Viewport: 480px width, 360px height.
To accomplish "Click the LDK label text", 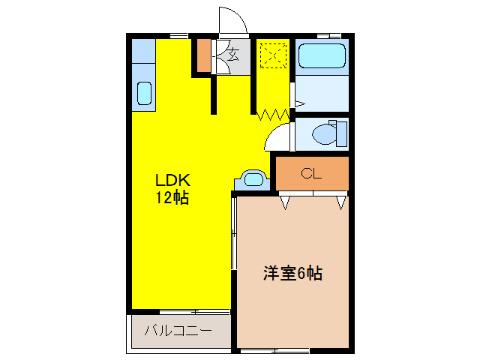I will click(x=173, y=181).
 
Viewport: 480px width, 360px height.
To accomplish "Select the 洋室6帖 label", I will click(x=292, y=273).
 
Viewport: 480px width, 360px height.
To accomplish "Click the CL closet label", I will click(x=311, y=174).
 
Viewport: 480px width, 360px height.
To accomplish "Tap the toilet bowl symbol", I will click(x=324, y=134).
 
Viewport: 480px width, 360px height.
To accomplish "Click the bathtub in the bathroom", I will click(x=321, y=56).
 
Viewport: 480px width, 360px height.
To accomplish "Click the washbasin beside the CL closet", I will click(x=253, y=180).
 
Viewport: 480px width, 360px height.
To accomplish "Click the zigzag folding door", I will click(x=273, y=115).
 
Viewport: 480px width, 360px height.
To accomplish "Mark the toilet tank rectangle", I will click(x=343, y=134).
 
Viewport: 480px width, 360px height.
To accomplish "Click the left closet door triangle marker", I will click(x=285, y=201).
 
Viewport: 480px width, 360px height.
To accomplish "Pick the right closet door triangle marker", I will click(x=341, y=201).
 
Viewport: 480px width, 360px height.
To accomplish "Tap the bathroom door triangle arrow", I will click(x=298, y=103).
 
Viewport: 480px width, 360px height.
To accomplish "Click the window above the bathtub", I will click(x=328, y=35).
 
